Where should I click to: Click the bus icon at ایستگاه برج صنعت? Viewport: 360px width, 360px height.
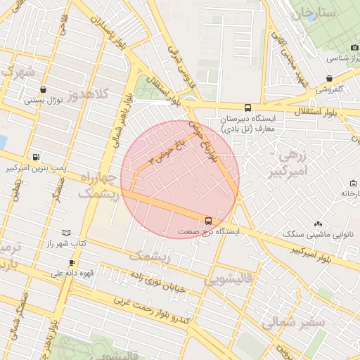(208, 220)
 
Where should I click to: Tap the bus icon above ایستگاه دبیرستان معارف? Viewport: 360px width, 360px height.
(247, 108)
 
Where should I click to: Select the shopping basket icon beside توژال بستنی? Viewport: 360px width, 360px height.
(44, 90)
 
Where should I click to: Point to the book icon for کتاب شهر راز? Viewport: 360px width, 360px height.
(66, 232)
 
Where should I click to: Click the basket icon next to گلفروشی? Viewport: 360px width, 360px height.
(329, 79)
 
